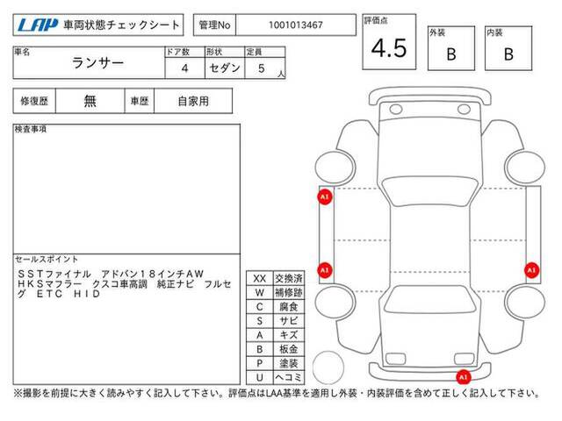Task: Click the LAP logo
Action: (x=37, y=25)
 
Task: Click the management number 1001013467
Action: (x=296, y=25)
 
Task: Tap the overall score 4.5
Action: (x=389, y=48)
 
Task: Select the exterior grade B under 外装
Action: (x=451, y=54)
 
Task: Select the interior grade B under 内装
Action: (x=508, y=54)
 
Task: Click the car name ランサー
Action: (x=97, y=63)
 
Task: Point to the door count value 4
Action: (x=184, y=68)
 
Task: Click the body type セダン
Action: (x=225, y=68)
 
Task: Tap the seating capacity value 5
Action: (x=262, y=68)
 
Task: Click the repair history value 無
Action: (x=90, y=101)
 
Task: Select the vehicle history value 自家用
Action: (x=193, y=102)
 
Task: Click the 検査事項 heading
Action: (x=31, y=129)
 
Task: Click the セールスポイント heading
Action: (x=47, y=260)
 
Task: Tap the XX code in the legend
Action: (x=260, y=279)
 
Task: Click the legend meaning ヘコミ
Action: (x=289, y=377)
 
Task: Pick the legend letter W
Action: (x=260, y=292)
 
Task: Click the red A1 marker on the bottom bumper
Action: (x=463, y=376)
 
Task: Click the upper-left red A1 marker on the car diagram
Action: (x=325, y=196)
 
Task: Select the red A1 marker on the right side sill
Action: (x=531, y=270)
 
